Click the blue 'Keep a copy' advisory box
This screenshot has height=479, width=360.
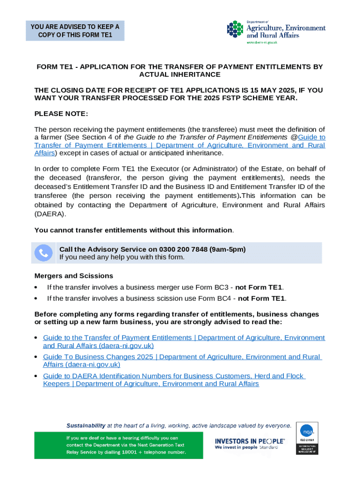(75, 31)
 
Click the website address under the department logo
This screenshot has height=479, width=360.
(262, 43)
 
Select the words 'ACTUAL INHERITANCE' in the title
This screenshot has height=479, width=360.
(180, 75)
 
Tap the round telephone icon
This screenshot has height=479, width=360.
(44, 253)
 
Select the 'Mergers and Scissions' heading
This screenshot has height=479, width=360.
(74, 276)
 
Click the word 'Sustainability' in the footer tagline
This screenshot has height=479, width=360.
(86, 426)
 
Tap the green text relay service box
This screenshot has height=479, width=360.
(118, 445)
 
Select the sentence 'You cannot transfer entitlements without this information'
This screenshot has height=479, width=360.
(133, 230)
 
